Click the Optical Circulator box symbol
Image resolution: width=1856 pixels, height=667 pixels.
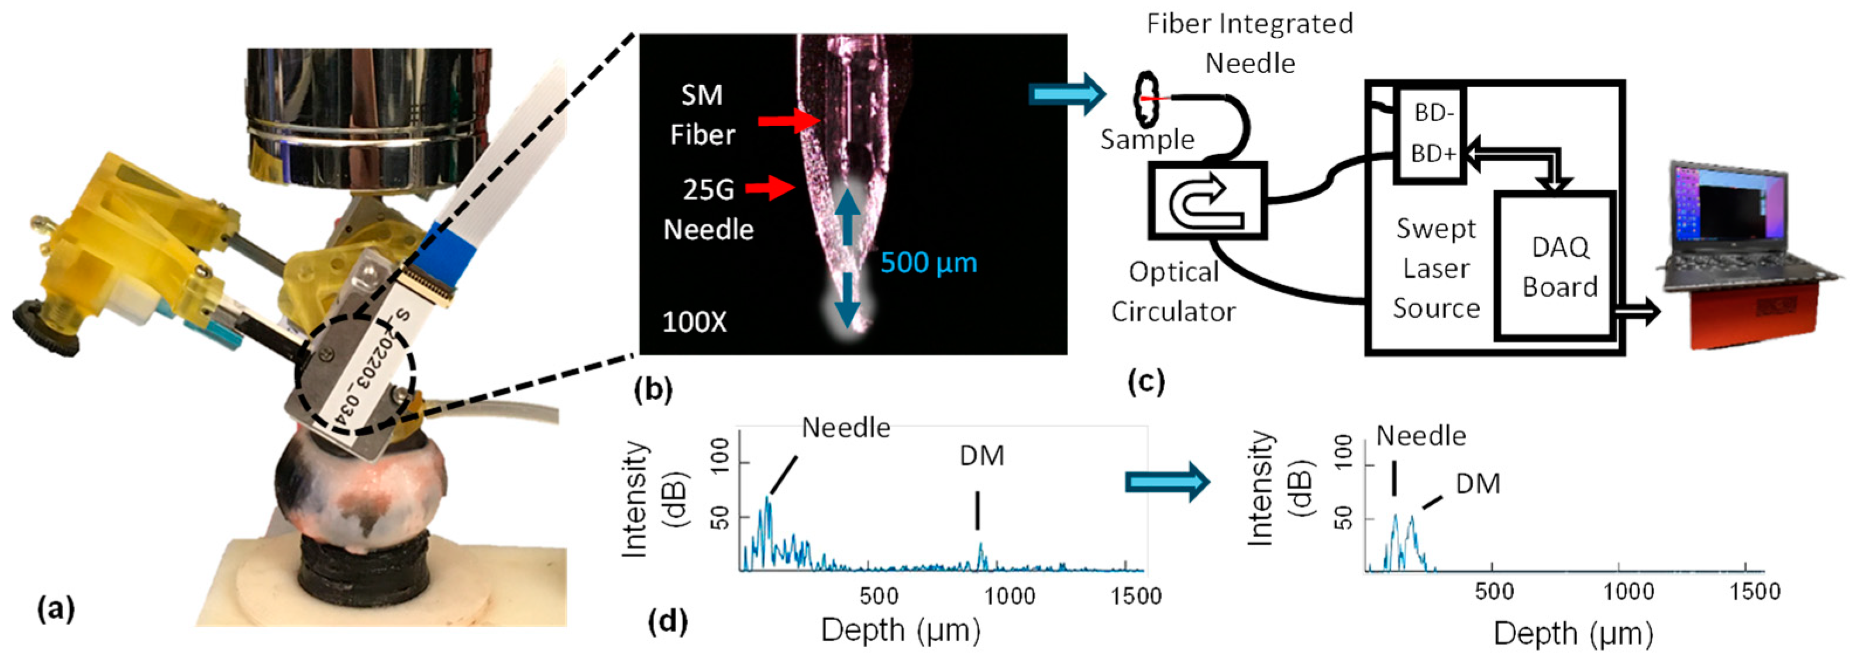click(x=1207, y=200)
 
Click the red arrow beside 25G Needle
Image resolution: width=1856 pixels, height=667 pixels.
click(x=770, y=189)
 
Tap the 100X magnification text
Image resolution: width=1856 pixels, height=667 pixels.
click(x=694, y=322)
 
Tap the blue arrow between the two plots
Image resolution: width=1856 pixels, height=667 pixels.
click(x=1166, y=482)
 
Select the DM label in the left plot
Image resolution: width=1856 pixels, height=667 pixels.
click(x=982, y=455)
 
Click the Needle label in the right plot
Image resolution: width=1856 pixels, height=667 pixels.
click(x=1421, y=436)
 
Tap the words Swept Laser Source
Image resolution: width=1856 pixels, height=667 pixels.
click(x=1435, y=268)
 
